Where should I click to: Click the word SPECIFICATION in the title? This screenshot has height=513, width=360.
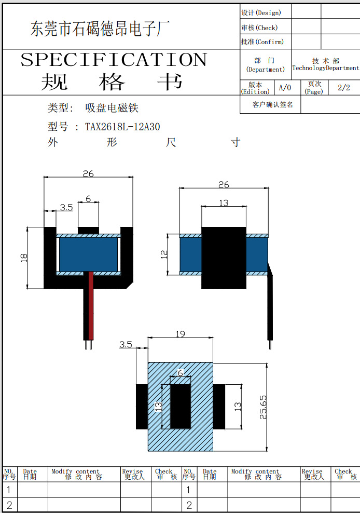(114, 60)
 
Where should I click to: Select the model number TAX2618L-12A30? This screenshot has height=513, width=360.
(122, 127)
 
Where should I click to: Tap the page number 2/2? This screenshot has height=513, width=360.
(343, 88)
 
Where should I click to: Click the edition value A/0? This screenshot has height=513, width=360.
(285, 88)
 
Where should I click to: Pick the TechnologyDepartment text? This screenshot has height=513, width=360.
(326, 68)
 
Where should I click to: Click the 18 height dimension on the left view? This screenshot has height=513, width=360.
(24, 258)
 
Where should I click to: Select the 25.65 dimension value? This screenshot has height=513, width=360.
(263, 407)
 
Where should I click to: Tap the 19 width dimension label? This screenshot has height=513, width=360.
(180, 334)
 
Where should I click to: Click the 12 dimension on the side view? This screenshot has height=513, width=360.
(164, 254)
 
